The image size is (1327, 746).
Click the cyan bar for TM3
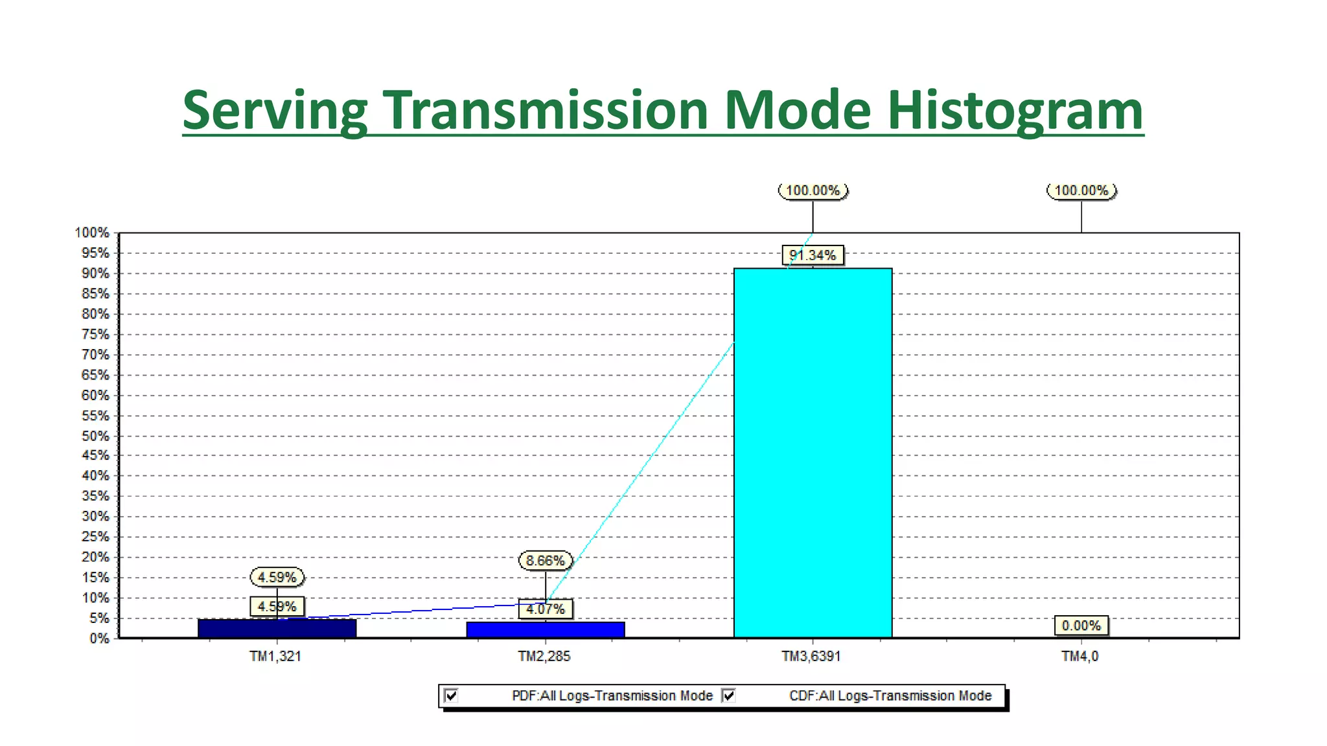813,453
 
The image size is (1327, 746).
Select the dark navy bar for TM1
277,629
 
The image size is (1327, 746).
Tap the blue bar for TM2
545,630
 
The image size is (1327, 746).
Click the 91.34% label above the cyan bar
813,255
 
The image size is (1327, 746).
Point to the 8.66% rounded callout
546,560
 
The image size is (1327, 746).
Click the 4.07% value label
546,609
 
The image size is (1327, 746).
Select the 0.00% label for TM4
1081,626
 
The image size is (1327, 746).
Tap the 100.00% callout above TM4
1081,190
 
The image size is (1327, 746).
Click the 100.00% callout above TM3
813,190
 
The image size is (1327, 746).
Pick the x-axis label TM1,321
275,656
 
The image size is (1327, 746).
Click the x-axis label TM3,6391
811,656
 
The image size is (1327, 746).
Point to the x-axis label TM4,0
1079,656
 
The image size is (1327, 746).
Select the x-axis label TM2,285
544,656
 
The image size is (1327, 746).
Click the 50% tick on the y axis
95,436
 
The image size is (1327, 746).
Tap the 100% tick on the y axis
92,232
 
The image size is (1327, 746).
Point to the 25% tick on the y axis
95,537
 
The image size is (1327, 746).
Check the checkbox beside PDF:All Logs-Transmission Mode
452,695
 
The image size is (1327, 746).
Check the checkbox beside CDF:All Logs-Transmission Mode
729,695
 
